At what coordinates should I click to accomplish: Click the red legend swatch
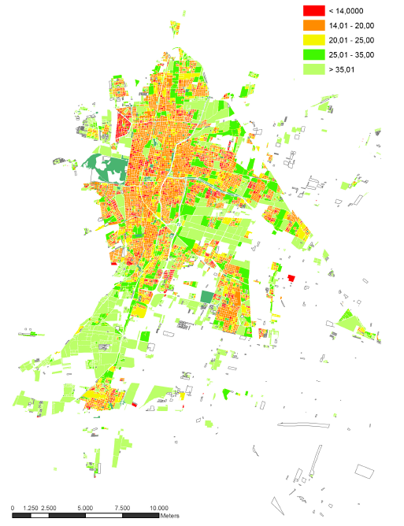pos(314,10)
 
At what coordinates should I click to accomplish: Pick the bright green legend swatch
pos(314,55)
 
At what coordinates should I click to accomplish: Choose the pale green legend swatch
pos(314,70)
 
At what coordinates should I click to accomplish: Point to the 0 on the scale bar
pos(13,507)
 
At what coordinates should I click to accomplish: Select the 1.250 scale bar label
pos(31,507)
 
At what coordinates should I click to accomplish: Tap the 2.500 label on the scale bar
pos(49,507)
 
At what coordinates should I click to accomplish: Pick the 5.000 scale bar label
pos(86,507)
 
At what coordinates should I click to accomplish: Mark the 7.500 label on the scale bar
pos(122,507)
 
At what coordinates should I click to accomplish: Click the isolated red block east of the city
pos(291,279)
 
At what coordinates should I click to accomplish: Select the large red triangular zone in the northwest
pos(122,126)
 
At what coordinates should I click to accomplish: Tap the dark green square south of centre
pos(207,296)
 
